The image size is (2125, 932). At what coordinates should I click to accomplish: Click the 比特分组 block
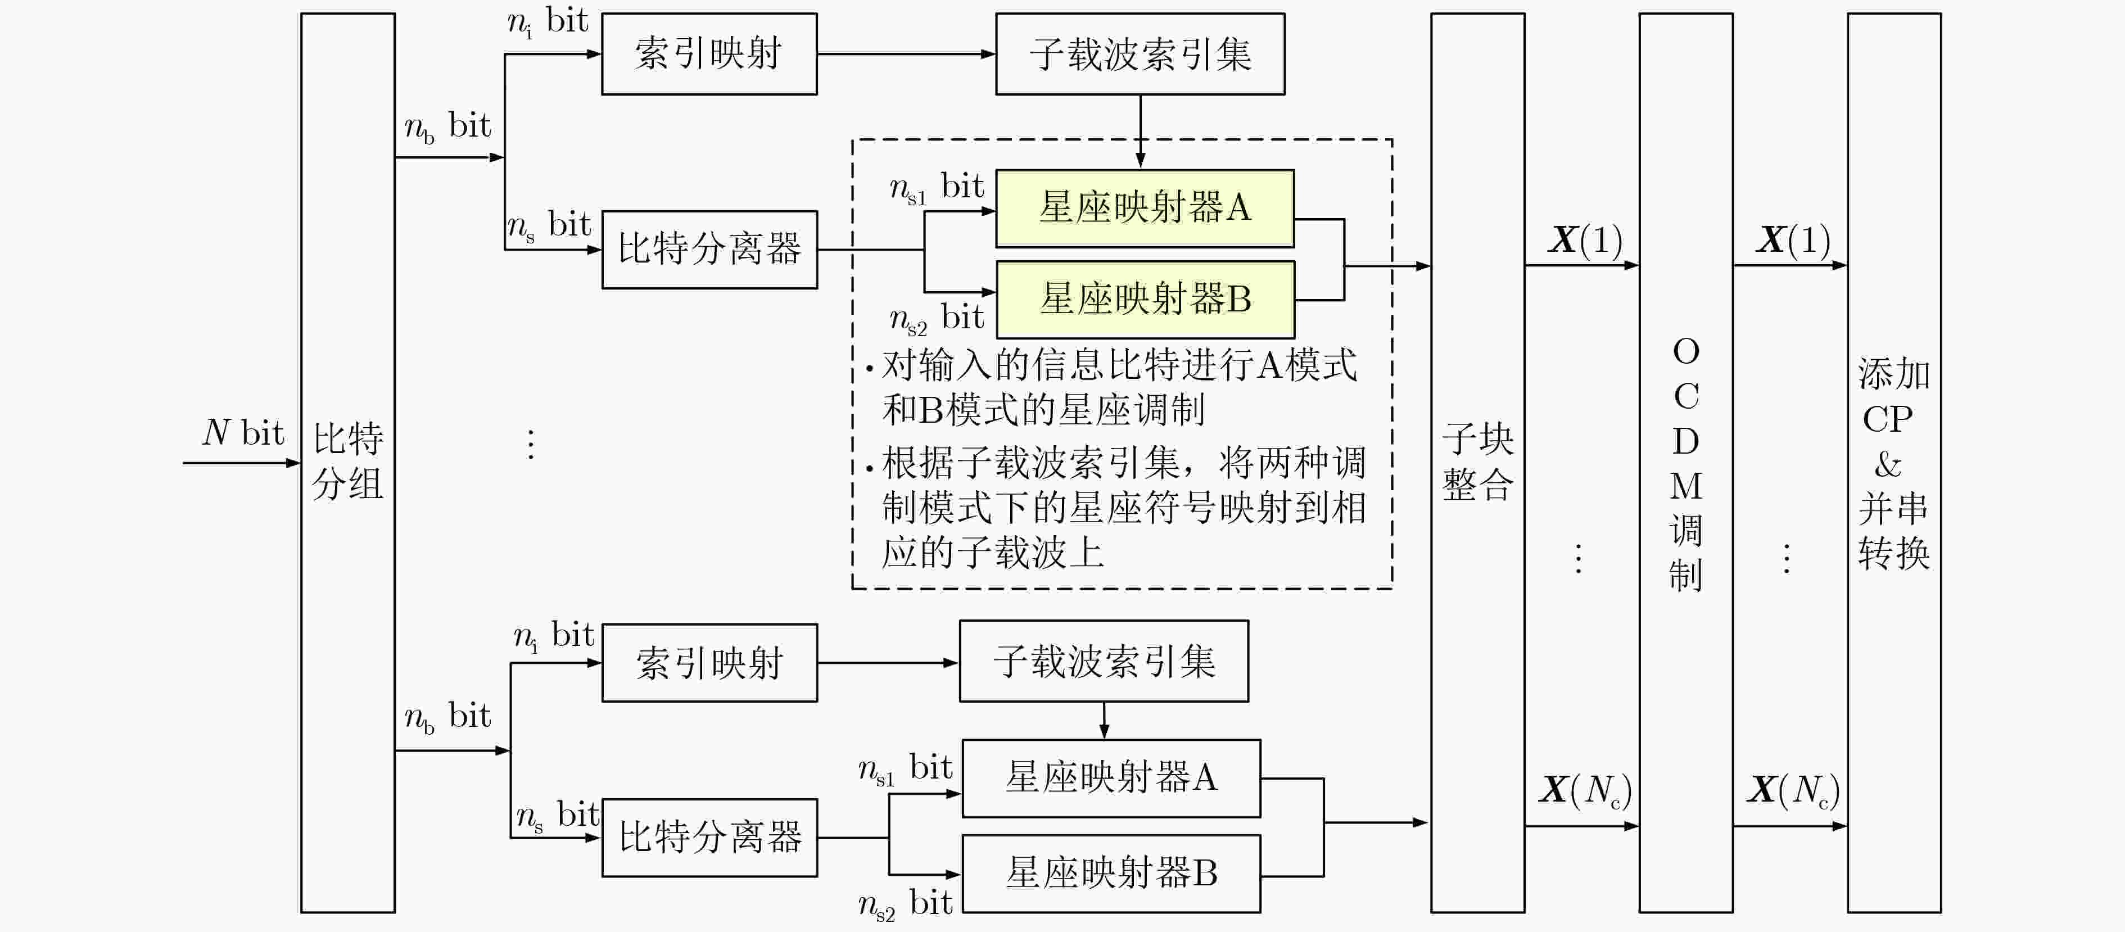pos(347,462)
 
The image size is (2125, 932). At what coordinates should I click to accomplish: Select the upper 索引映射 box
pos(708,53)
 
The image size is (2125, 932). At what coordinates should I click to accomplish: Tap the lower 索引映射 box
pos(708,662)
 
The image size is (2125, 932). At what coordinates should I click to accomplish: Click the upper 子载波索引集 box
pos(1139,53)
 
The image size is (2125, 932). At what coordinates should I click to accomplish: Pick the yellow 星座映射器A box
pos(1144,209)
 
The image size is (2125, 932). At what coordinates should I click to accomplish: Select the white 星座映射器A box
pos(1110,778)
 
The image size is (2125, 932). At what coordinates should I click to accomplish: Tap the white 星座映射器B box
pos(1110,872)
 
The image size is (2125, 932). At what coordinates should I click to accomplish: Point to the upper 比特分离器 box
pos(708,249)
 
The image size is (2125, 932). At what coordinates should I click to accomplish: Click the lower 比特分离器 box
pos(708,837)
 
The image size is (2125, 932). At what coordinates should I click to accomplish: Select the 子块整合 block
pos(1477,462)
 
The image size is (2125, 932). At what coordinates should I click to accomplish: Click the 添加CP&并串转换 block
pos(1893,462)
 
